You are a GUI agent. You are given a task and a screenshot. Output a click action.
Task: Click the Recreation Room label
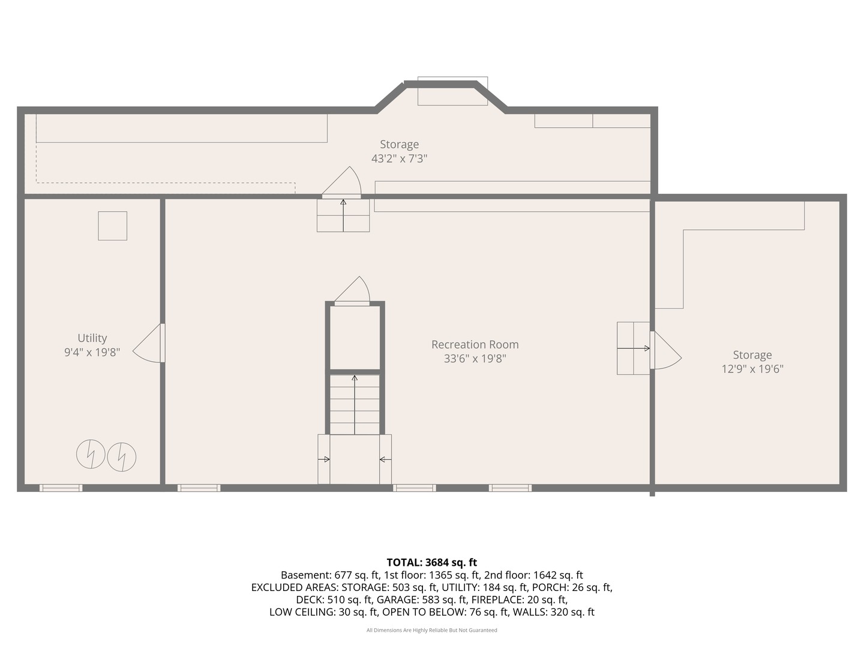tap(475, 344)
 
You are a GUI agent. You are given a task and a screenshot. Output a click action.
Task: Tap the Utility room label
tap(92, 338)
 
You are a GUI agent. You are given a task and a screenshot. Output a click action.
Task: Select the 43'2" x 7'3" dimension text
tap(399, 158)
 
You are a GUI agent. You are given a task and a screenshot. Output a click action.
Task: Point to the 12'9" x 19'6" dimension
tap(752, 369)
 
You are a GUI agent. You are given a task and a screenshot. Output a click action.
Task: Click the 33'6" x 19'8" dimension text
tap(475, 359)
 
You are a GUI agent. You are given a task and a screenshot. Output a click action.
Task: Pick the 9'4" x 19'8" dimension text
tap(92, 352)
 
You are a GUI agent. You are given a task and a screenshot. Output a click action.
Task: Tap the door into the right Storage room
tap(665, 350)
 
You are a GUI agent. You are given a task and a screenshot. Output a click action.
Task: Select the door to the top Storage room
tap(341, 182)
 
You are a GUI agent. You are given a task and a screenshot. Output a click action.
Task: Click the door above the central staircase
tap(352, 290)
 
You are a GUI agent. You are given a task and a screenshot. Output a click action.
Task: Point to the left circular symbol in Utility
tap(91, 454)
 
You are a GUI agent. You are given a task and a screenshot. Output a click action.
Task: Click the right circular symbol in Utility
tap(122, 457)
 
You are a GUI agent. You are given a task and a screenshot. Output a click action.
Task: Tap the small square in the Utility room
tap(113, 226)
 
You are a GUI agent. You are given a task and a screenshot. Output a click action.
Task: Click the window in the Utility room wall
tap(61, 488)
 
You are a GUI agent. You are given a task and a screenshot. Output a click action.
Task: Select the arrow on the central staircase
tap(355, 405)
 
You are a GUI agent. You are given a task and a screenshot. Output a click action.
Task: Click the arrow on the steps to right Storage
tap(634, 348)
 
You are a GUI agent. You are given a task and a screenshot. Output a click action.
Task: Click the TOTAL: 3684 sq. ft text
tap(432, 562)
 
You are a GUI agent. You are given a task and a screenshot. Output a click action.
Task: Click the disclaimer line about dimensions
tap(432, 630)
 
